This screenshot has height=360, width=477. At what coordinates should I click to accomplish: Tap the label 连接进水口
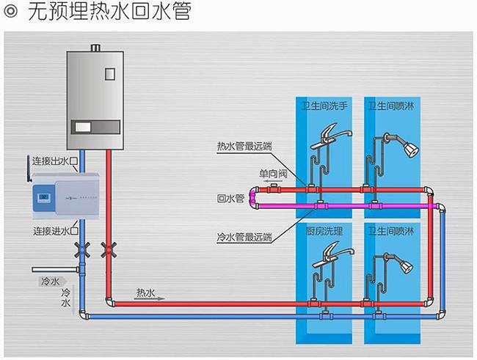coord(55,232)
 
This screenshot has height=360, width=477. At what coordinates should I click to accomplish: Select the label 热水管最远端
coord(244,146)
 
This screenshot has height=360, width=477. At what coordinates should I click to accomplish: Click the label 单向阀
coord(272,175)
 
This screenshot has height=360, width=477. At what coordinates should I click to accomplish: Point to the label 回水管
coord(230,199)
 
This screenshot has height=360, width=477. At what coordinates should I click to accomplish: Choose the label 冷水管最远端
coord(244,237)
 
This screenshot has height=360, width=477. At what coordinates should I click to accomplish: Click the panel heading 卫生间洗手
coord(324,106)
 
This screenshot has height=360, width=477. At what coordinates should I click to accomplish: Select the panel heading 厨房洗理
coord(324,231)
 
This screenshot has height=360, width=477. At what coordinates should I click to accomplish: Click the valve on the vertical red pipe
coord(109,249)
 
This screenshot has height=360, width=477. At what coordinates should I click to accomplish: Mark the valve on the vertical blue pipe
coord(83,249)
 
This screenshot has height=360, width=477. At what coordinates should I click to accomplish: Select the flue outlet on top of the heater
coord(95,49)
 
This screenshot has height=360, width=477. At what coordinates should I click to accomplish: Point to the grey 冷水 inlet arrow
coord(48,280)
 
